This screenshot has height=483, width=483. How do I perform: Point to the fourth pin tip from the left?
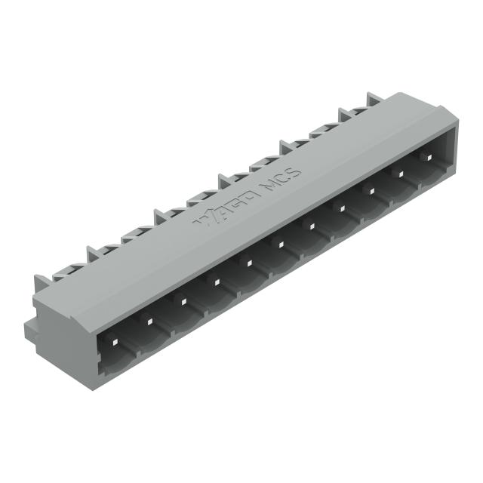pos(216,282)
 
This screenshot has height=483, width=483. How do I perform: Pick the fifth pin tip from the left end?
pos(248,263)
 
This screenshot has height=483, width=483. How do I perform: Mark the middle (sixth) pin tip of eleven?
pos(279,243)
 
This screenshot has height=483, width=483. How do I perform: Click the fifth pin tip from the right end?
pos(310,224)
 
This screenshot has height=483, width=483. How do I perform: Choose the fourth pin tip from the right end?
pos(341,207)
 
